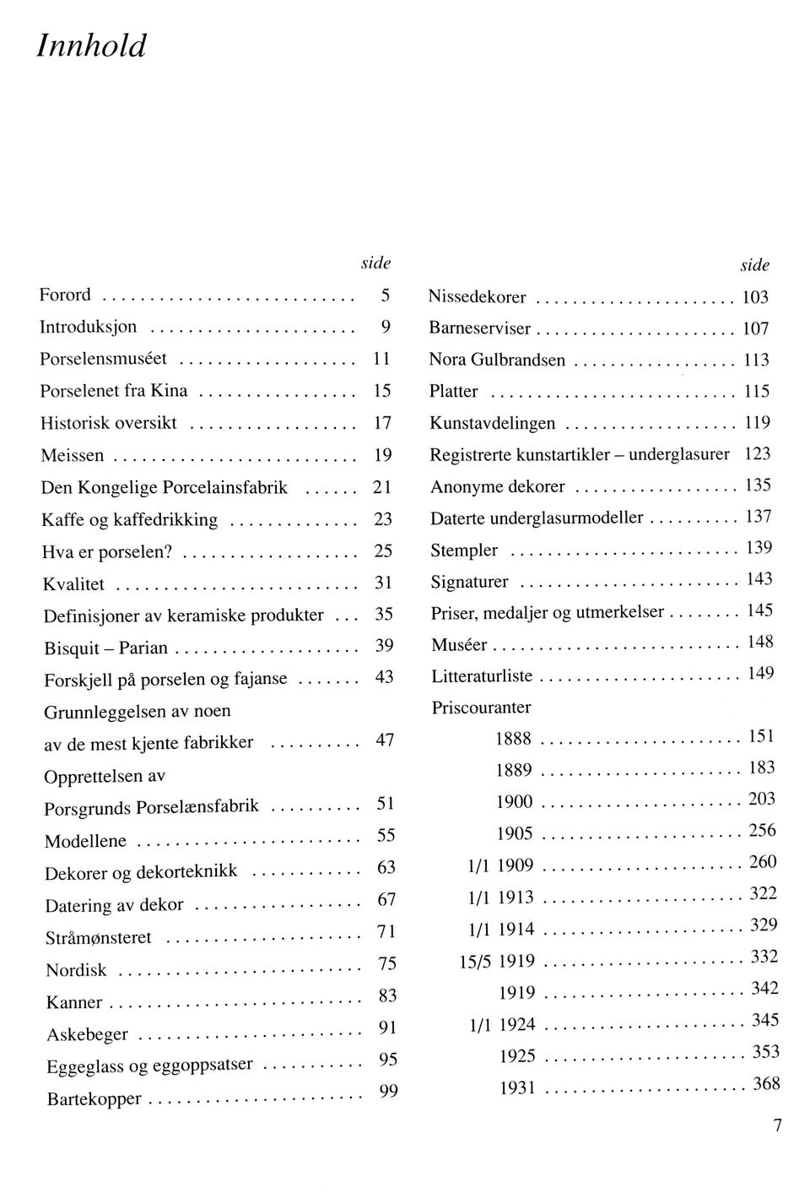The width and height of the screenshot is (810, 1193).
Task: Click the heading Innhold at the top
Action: click(92, 46)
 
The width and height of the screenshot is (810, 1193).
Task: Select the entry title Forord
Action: click(65, 296)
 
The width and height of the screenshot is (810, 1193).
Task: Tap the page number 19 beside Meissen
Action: click(383, 455)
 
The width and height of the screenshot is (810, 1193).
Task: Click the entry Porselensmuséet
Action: click(104, 359)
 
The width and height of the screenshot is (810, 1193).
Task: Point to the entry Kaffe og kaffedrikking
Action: click(130, 520)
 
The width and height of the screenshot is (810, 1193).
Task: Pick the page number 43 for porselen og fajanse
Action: click(384, 677)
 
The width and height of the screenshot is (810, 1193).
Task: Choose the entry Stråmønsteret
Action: click(99, 938)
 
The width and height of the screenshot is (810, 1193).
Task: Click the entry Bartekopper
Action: click(94, 1100)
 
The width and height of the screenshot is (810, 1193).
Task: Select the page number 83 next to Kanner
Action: click(387, 996)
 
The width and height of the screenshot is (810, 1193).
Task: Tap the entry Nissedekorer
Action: click(478, 297)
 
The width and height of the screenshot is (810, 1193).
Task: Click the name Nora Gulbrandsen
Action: click(497, 361)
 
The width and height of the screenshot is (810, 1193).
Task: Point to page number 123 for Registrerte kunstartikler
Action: click(758, 454)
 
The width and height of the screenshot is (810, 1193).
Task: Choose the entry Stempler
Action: click(464, 550)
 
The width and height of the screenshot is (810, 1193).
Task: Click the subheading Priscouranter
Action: click(481, 708)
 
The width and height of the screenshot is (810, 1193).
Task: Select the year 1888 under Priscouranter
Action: click(513, 739)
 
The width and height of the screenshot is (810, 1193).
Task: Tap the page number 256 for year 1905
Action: click(762, 831)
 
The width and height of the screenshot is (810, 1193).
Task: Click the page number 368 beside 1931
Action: click(766, 1084)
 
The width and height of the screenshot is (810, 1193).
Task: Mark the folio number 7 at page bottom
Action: click(777, 1125)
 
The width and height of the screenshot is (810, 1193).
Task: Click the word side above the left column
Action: click(376, 263)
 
